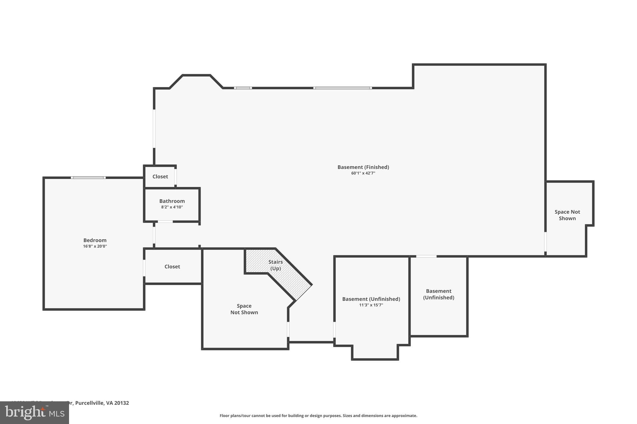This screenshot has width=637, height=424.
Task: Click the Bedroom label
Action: click(95, 240)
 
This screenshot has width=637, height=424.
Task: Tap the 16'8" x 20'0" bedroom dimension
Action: click(95, 246)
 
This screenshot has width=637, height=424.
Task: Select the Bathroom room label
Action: click(172, 201)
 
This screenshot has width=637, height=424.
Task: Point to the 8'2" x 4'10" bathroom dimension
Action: click(172, 207)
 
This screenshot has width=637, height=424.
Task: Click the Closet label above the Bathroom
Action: click(160, 176)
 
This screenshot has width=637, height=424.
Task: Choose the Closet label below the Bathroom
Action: click(172, 267)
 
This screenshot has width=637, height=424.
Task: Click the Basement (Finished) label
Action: click(363, 167)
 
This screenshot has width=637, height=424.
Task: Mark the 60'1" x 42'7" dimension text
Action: click(363, 173)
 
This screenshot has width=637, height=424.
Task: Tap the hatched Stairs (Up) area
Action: click(276, 265)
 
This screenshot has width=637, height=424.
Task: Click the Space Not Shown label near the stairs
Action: click(244, 309)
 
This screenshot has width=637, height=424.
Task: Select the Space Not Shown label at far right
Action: click(567, 215)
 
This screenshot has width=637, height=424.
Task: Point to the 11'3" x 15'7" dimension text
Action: click(371, 305)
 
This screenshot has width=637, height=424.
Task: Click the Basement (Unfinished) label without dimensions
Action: click(439, 294)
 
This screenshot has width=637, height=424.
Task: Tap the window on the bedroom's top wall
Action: click(88, 178)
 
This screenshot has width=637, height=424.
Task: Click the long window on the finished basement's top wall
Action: click(342, 88)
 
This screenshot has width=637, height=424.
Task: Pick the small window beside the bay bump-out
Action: click(243, 88)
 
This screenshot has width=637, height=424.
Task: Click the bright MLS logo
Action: click(35, 413)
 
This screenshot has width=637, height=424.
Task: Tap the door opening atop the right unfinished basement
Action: click(426, 256)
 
